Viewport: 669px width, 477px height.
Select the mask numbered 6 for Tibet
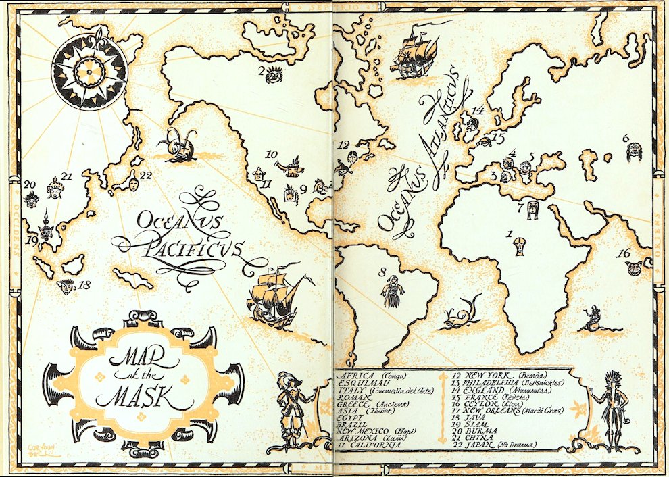pos(634,152)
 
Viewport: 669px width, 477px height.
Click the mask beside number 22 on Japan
pos(133,180)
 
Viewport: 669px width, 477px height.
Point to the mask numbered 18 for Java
pos(66,287)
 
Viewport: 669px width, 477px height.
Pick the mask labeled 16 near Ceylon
pos(634,268)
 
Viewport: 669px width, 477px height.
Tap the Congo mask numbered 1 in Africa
pos(519,247)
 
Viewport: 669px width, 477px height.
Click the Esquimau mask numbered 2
pos(274,74)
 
